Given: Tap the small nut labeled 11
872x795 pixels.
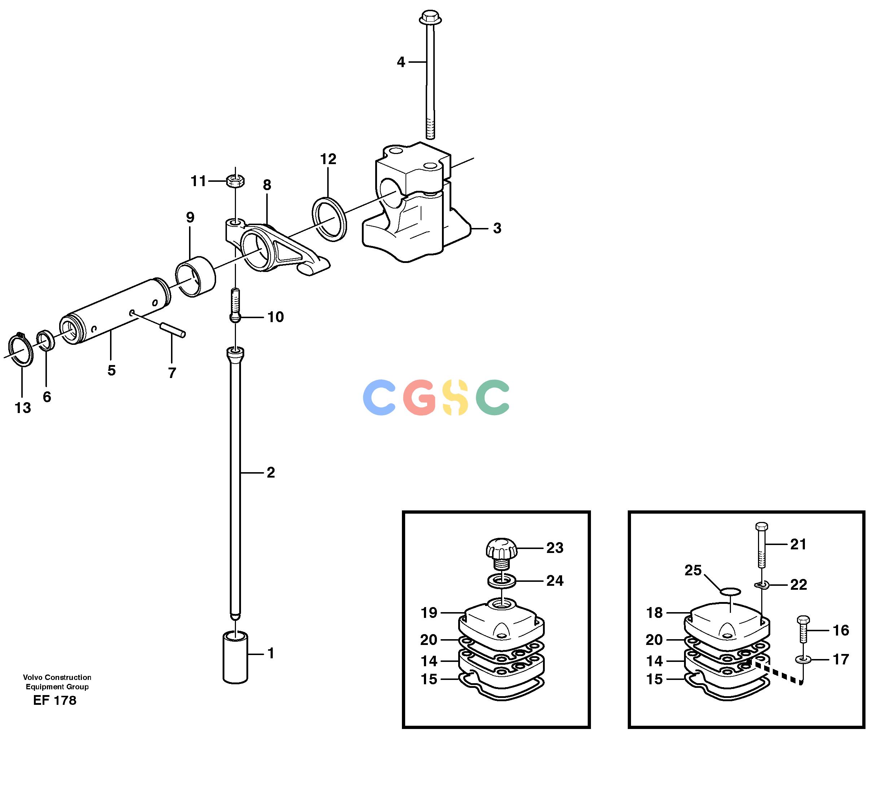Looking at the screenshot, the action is tap(235, 180).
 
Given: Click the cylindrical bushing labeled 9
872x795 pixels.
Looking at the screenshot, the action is tap(195, 277).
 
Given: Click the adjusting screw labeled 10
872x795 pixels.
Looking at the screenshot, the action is tap(235, 306).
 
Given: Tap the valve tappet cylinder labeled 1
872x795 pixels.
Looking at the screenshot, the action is tap(236, 658).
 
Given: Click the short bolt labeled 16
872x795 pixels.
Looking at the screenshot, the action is tap(803, 629).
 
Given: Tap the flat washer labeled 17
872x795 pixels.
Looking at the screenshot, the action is tap(803, 660).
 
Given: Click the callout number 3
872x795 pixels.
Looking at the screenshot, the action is tap(498, 228).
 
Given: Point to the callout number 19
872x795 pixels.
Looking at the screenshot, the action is tap(429, 612).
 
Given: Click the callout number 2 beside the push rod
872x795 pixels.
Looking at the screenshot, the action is tap(271, 472).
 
